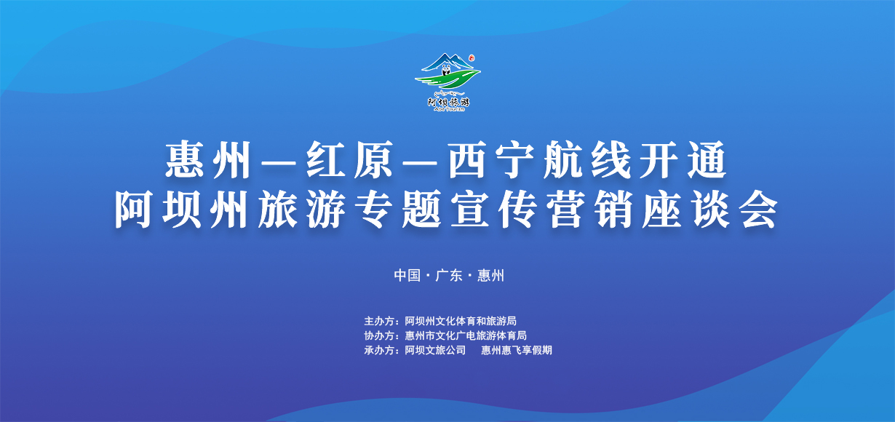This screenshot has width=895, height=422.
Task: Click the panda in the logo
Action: (x=446, y=71)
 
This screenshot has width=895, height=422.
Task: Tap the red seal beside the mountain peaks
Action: (x=472, y=58)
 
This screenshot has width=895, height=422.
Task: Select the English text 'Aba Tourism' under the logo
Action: (x=449, y=109)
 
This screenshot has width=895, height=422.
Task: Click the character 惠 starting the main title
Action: (x=185, y=159)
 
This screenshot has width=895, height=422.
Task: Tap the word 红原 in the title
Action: (x=349, y=160)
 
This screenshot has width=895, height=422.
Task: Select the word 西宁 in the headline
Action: (x=490, y=160)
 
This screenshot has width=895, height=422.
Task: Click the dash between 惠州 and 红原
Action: (x=279, y=163)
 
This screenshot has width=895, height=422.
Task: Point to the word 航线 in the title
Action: (x=586, y=160)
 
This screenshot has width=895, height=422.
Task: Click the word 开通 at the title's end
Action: (x=683, y=160)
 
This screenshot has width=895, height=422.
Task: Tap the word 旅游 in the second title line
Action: (x=302, y=210)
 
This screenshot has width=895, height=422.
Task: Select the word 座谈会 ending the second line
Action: (x=710, y=210)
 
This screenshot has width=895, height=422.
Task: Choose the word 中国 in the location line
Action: (x=407, y=275)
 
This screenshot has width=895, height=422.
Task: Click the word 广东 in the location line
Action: (x=449, y=275)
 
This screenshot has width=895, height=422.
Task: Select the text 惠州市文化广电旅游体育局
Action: (x=466, y=335)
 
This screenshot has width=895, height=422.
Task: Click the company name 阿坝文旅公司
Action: (x=435, y=350)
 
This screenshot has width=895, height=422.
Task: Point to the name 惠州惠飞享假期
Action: (x=516, y=350)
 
